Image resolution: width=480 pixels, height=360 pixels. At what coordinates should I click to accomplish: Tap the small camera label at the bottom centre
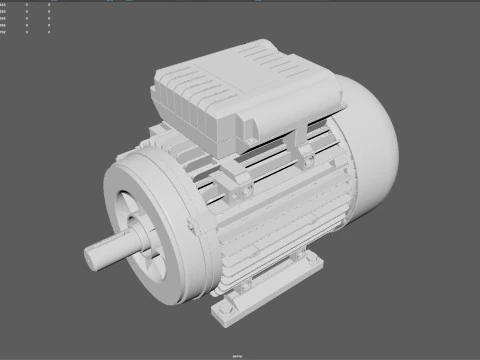pos(240,354)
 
